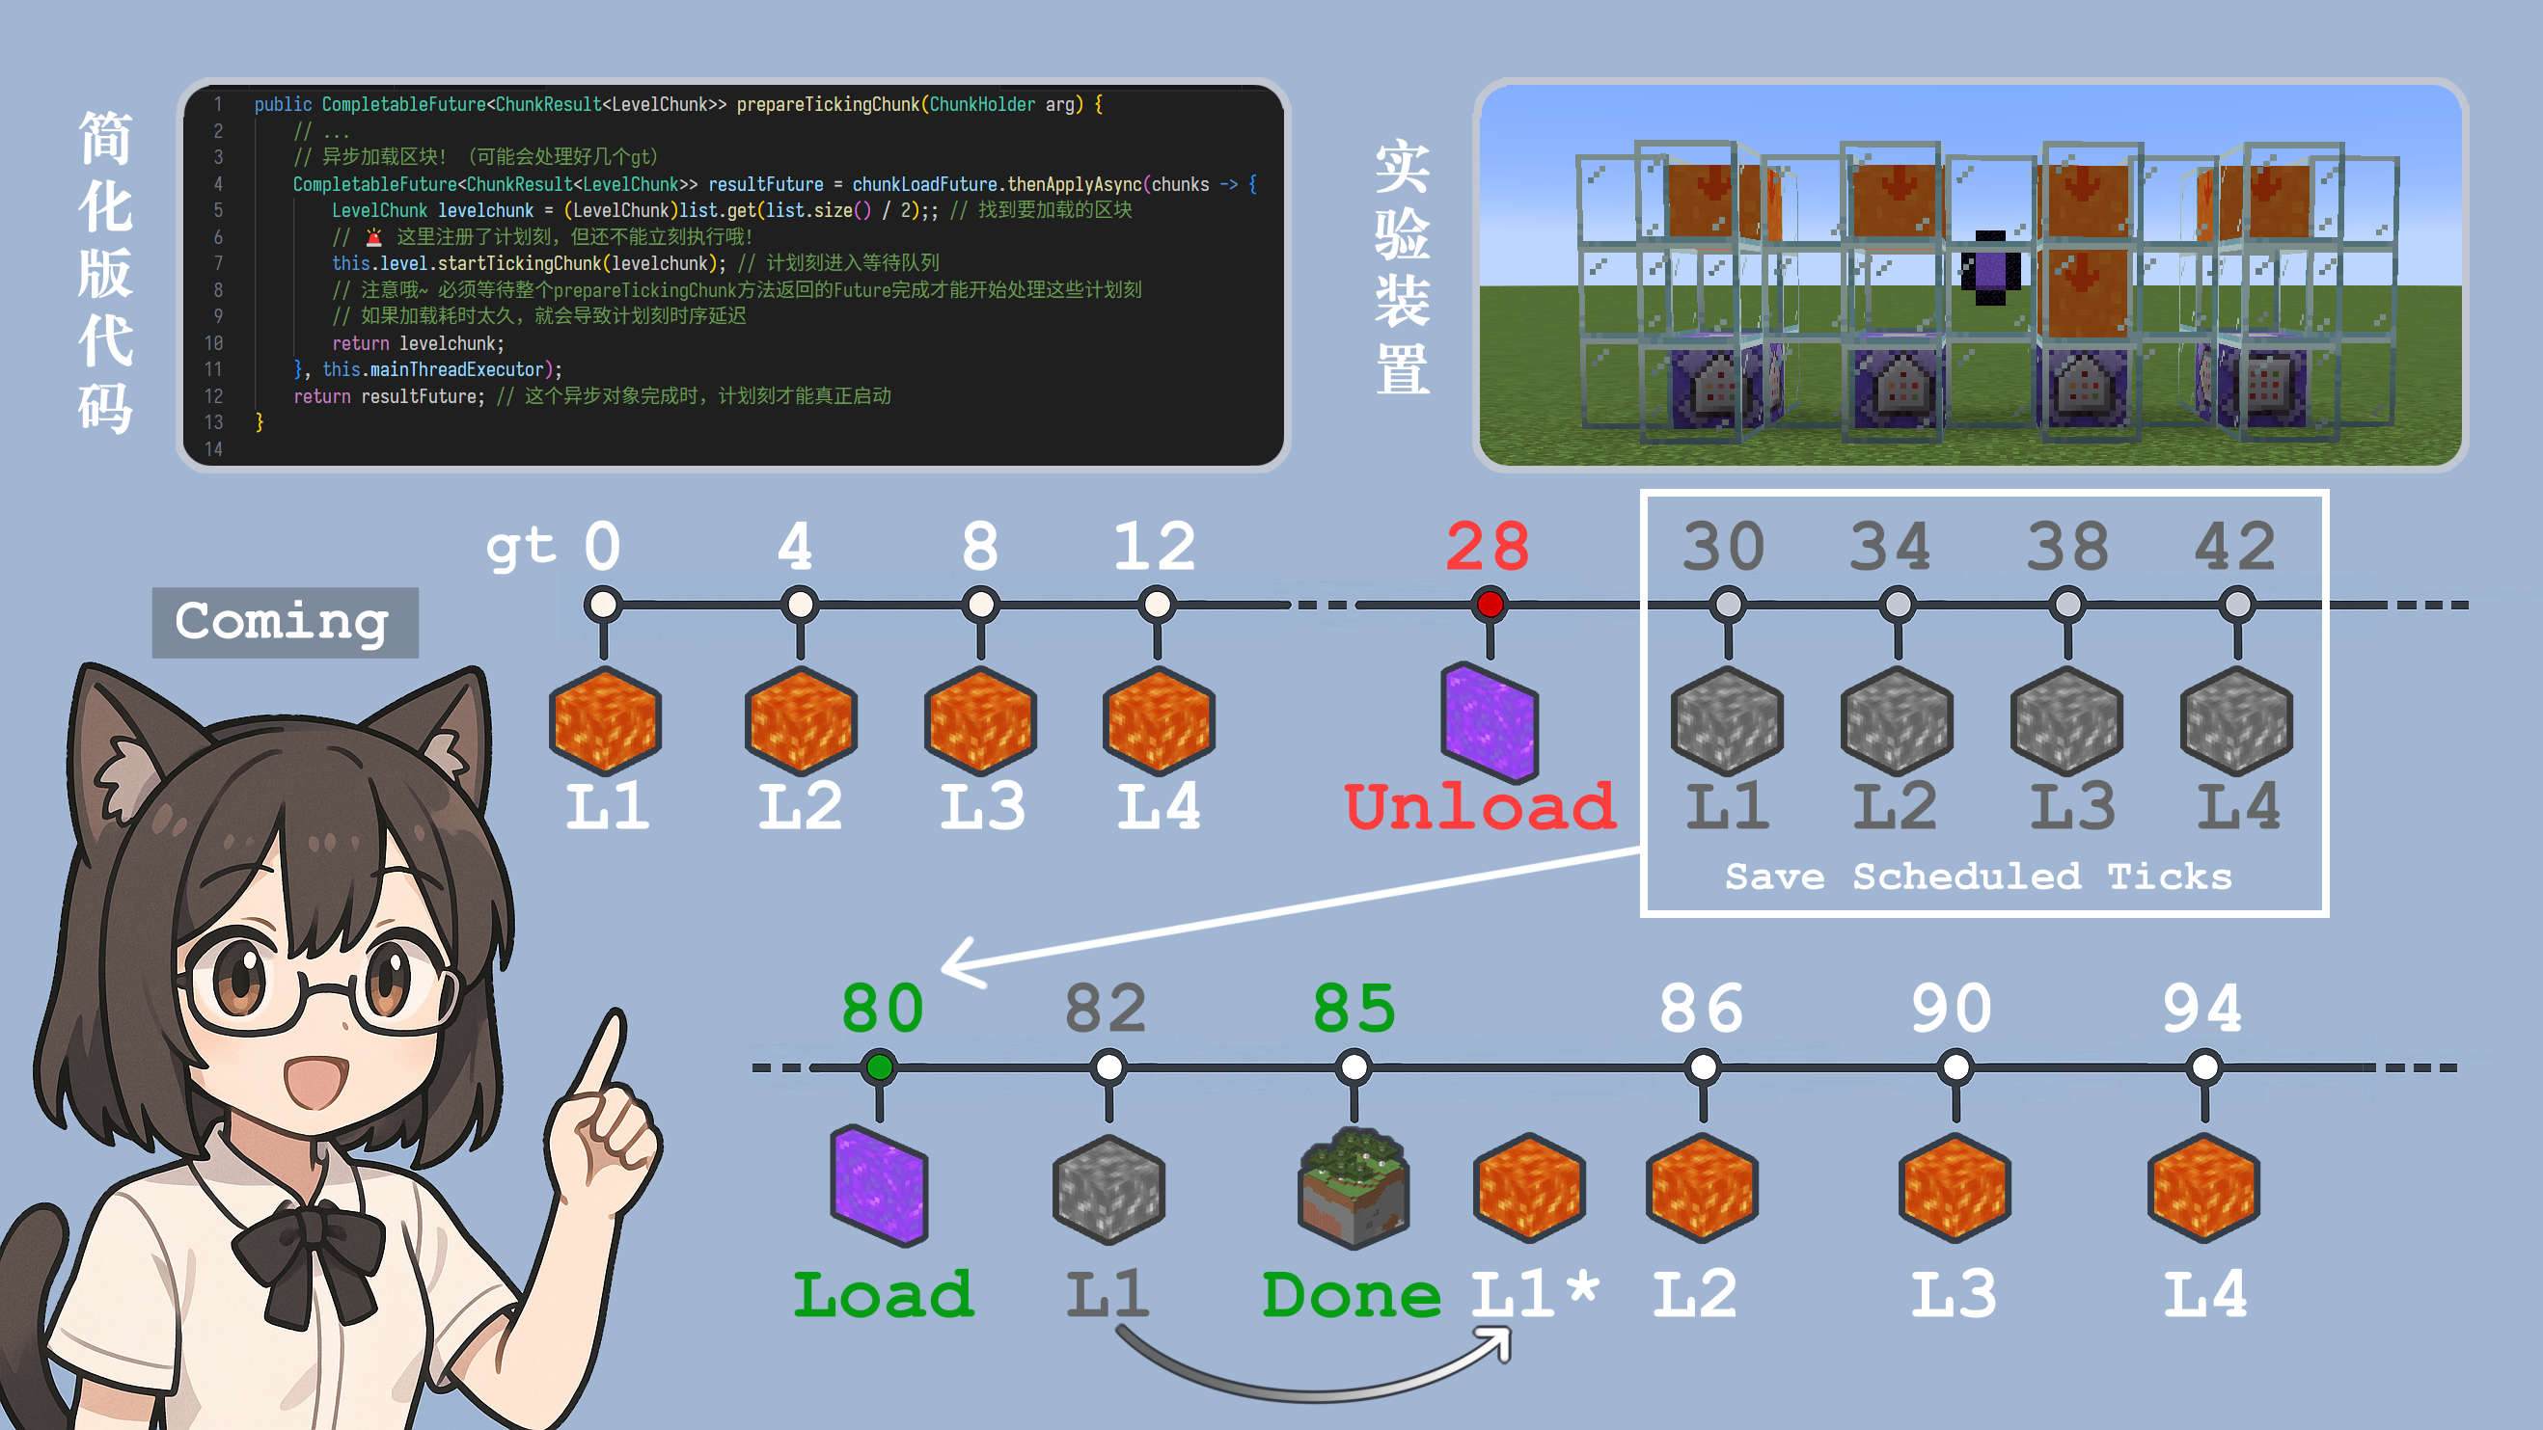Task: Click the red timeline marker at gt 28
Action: (x=1490, y=604)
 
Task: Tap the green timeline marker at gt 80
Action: (x=879, y=1066)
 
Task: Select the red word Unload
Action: (x=1480, y=806)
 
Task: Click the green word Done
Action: (x=1352, y=1295)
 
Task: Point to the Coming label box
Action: (x=285, y=622)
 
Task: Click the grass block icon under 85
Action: (x=1354, y=1188)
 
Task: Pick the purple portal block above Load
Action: (x=880, y=1184)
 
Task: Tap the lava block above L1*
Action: (x=1529, y=1187)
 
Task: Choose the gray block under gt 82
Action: (x=1108, y=1188)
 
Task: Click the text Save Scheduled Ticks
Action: (x=1979, y=877)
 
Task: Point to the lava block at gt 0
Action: (x=604, y=720)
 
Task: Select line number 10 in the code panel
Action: (x=213, y=343)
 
